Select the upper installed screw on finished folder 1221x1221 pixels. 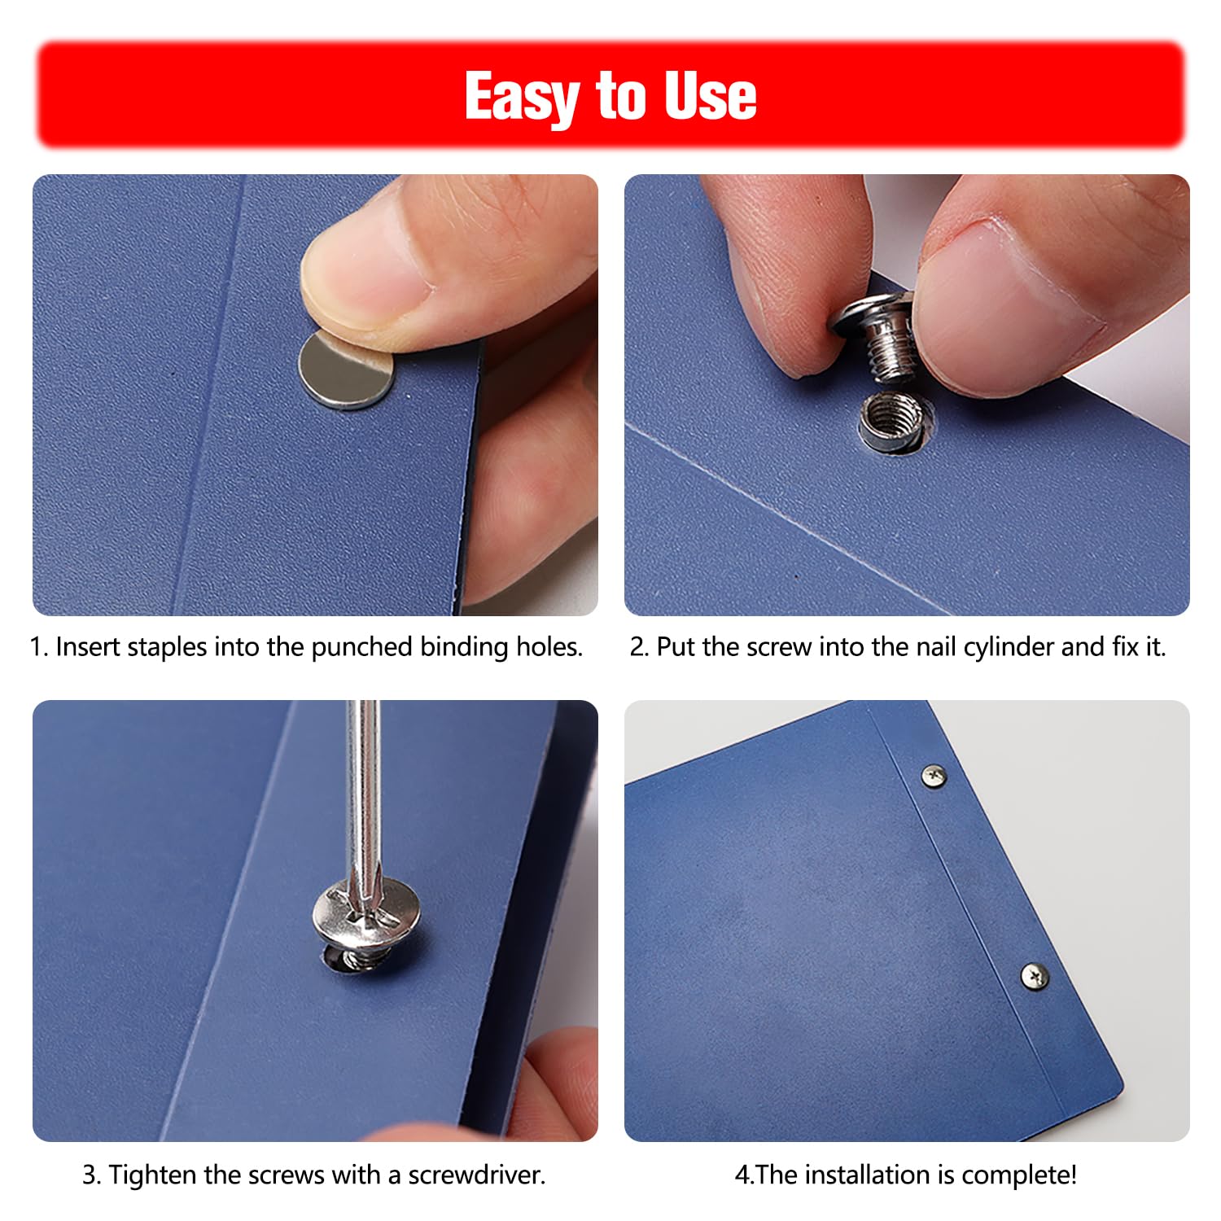tap(934, 777)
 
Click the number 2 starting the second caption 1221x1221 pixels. tap(637, 648)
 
